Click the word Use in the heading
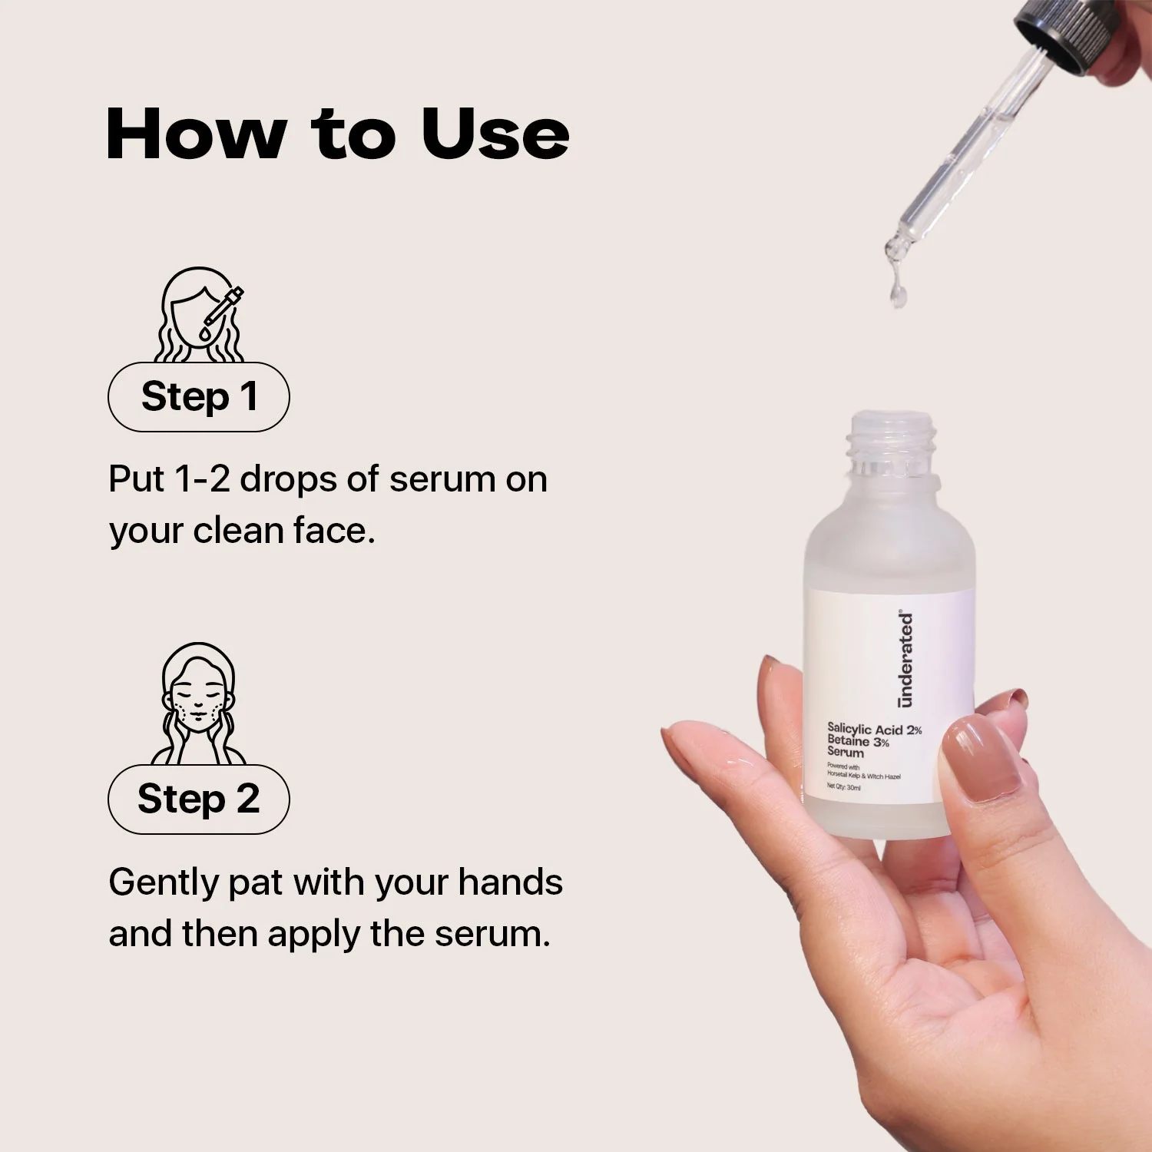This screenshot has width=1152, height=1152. pyautogui.click(x=495, y=134)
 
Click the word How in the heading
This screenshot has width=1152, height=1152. pyautogui.click(x=197, y=134)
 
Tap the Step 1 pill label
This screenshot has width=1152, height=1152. pyautogui.click(x=199, y=397)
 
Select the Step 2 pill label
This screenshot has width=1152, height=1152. pyautogui.click(x=199, y=799)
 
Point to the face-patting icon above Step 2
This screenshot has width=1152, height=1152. pyautogui.click(x=199, y=703)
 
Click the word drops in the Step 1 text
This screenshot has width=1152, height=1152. pyautogui.click(x=288, y=480)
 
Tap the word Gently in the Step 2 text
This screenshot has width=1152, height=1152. pyautogui.click(x=164, y=883)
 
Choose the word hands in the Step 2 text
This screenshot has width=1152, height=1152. pyautogui.click(x=511, y=882)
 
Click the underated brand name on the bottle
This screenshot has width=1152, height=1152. pyautogui.click(x=906, y=660)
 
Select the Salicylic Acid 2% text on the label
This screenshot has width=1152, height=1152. pyautogui.click(x=874, y=729)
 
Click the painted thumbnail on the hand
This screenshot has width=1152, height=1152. pyautogui.click(x=984, y=762)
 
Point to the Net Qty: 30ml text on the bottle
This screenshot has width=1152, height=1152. pyautogui.click(x=843, y=787)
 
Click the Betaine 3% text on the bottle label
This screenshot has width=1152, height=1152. pyautogui.click(x=858, y=742)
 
